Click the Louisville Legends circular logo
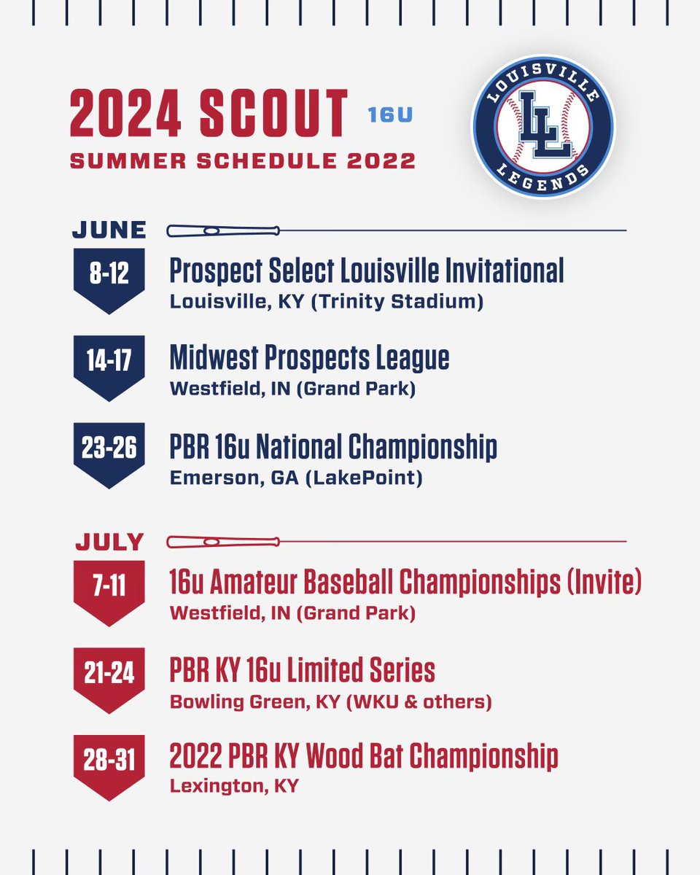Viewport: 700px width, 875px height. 542,128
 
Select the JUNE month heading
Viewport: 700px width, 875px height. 109,230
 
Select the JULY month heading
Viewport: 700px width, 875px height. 109,542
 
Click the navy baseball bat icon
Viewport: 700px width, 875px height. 222,231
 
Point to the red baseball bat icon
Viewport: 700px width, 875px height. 222,542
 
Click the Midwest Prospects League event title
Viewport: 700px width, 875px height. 309,358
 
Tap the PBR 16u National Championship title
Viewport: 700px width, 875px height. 333,446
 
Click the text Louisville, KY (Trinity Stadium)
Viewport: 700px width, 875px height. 326,302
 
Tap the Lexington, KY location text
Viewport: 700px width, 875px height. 233,787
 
